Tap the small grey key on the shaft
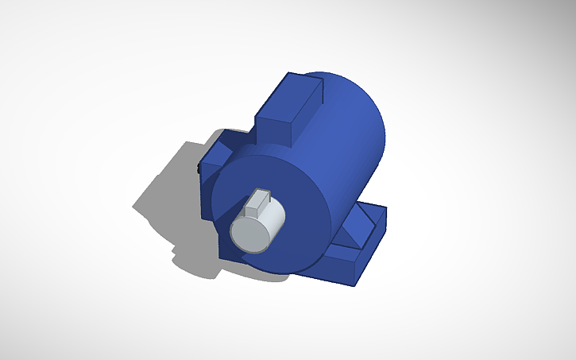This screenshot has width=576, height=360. point(258,203)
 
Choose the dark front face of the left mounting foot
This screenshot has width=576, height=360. point(207,191)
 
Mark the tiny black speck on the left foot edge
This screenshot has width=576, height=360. point(198,167)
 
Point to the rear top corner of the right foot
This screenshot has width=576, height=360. point(386,210)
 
